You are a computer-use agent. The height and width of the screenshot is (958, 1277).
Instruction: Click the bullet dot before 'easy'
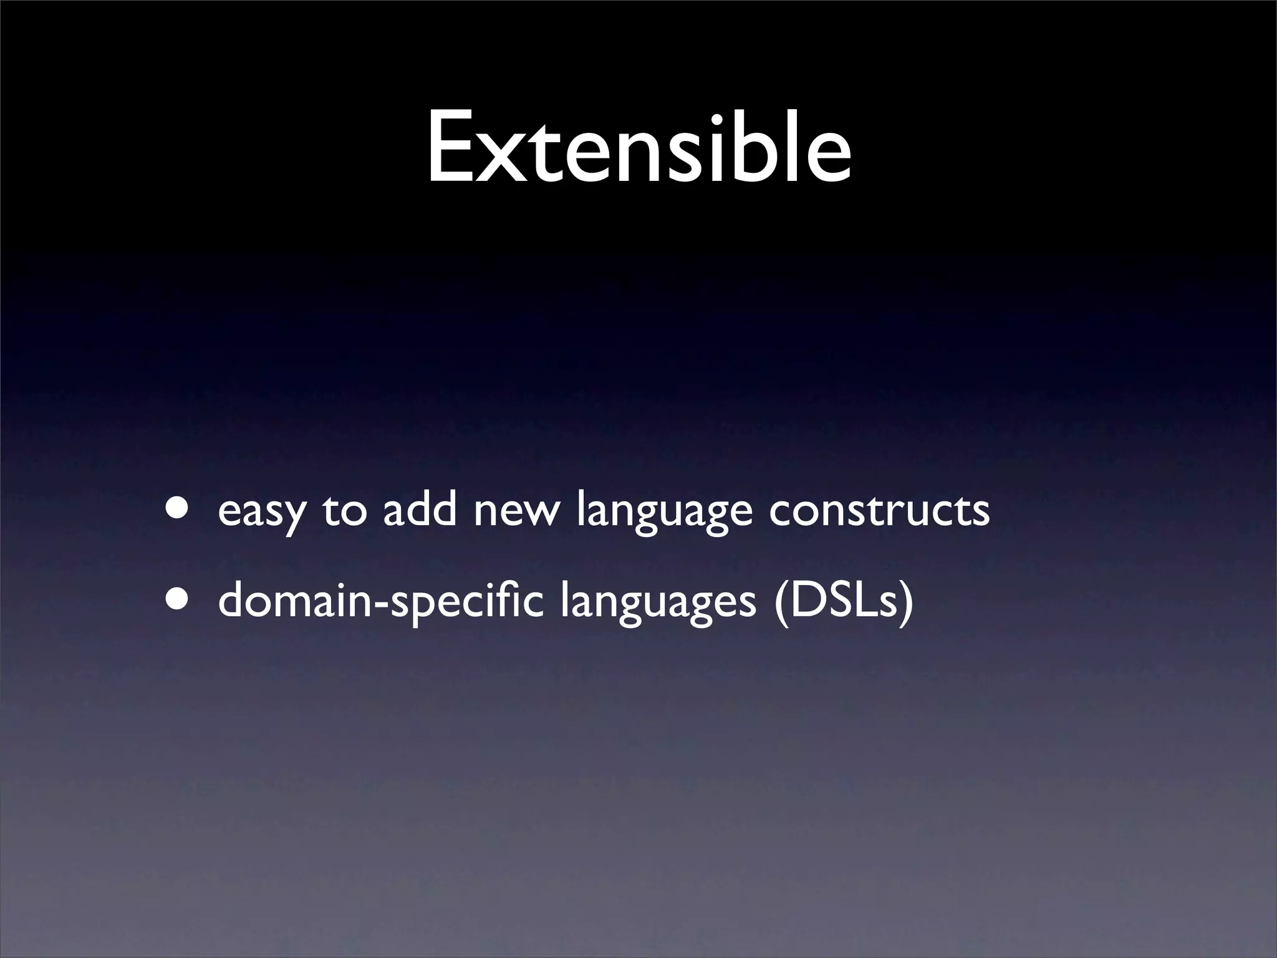pyautogui.click(x=178, y=507)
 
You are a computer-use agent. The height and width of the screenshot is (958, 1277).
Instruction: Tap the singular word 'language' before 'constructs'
pyautogui.click(x=664, y=511)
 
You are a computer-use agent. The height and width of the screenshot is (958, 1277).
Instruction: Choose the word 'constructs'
pyautogui.click(x=879, y=510)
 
